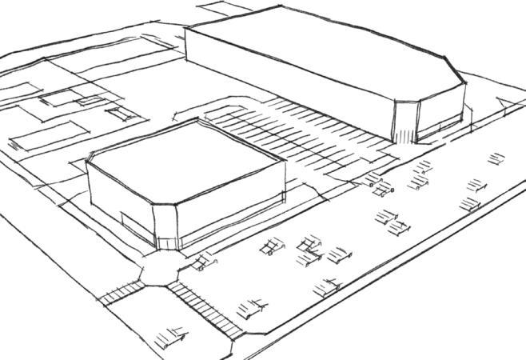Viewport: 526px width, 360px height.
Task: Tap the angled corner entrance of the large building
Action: coord(405,120)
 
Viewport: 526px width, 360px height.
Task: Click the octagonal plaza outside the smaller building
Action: coord(160,269)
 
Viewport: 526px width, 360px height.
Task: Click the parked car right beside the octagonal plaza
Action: coord(206,259)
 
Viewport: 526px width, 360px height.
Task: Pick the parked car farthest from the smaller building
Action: coord(496,158)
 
